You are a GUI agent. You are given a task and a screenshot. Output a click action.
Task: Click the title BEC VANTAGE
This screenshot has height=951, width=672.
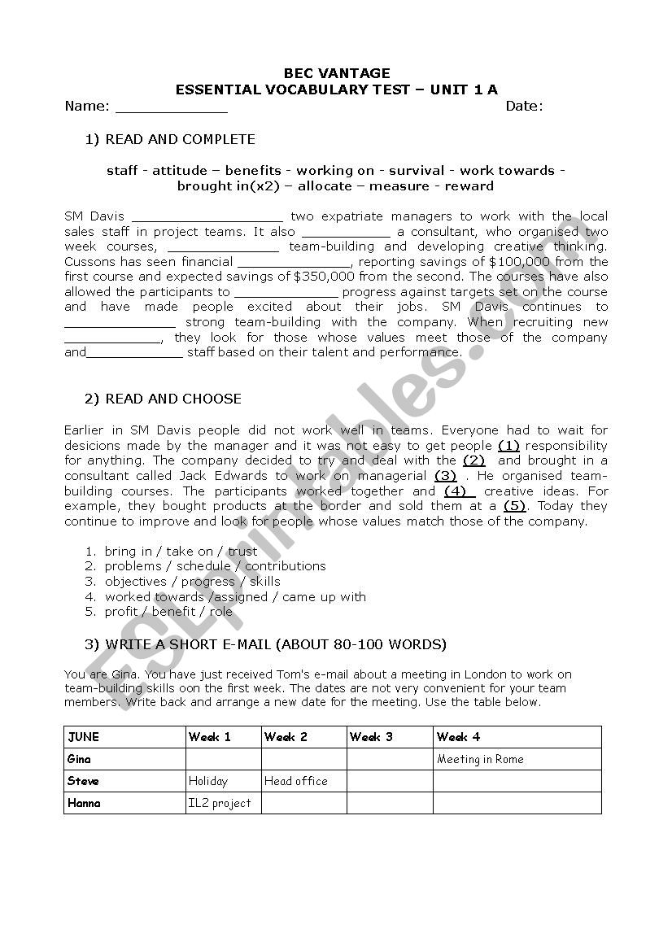(x=336, y=73)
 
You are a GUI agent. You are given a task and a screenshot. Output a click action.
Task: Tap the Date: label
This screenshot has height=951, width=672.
(x=524, y=106)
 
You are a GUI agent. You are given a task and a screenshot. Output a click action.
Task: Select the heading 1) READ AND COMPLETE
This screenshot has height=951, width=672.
(x=170, y=139)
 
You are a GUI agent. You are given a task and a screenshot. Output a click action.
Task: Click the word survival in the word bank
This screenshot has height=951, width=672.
(x=417, y=171)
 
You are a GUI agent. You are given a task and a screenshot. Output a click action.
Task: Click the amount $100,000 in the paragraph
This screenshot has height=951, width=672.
(x=519, y=262)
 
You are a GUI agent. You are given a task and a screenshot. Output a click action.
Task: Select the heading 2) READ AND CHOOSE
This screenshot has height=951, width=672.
(x=163, y=399)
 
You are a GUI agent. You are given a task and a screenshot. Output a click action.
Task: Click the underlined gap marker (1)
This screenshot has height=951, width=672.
(x=508, y=446)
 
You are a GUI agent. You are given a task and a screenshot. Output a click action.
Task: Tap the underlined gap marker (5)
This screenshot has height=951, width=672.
(x=514, y=506)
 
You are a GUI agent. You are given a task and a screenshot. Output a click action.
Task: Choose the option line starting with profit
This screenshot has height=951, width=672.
(x=168, y=612)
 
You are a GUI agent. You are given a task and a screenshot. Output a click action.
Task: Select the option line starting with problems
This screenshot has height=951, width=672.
(x=215, y=566)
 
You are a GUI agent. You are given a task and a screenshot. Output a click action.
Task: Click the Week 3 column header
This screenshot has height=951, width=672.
(x=371, y=737)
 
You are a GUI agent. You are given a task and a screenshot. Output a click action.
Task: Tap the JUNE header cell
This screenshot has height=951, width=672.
(x=84, y=737)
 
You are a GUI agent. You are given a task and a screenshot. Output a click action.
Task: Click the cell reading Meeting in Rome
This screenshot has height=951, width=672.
(x=480, y=759)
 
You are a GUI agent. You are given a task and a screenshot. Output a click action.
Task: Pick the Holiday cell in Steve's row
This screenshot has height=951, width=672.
(x=208, y=781)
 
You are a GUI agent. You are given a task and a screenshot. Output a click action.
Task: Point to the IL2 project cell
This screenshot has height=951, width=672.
(x=220, y=803)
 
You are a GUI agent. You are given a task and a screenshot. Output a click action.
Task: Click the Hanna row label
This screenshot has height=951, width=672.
(x=85, y=803)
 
